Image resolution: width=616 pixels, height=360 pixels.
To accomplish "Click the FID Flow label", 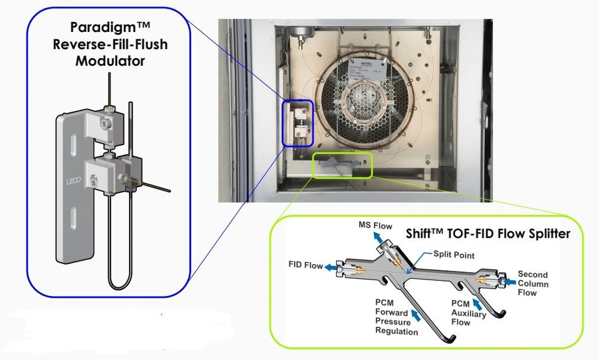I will pyautogui.click(x=305, y=265).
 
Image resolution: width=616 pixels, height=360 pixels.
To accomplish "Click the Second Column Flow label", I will pyautogui.click(x=533, y=283).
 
